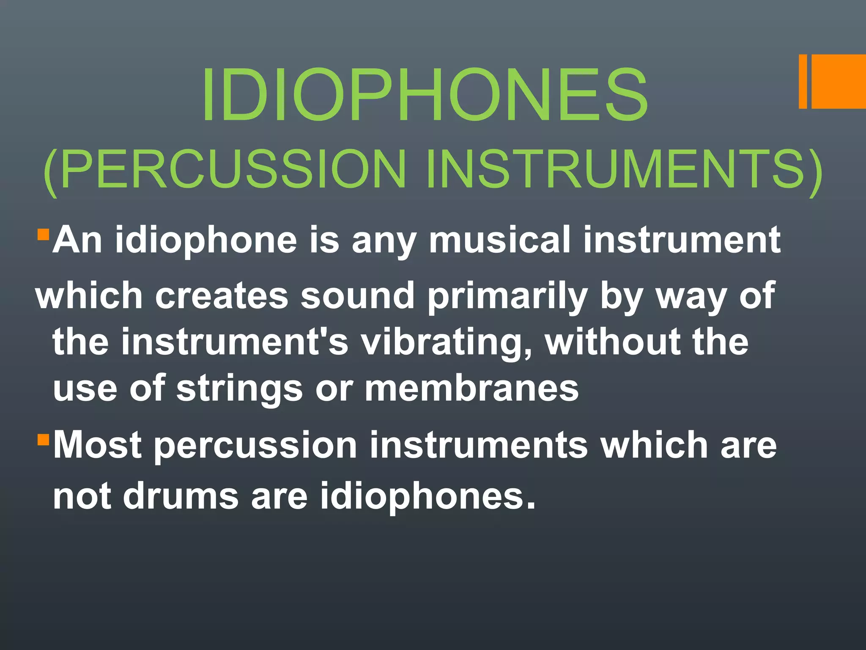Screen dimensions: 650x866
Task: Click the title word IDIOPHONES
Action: click(x=425, y=95)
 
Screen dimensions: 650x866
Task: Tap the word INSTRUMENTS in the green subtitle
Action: click(x=615, y=169)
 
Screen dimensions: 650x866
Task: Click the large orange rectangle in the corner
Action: click(x=839, y=81)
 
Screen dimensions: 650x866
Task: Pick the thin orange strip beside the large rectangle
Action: click(x=803, y=81)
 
